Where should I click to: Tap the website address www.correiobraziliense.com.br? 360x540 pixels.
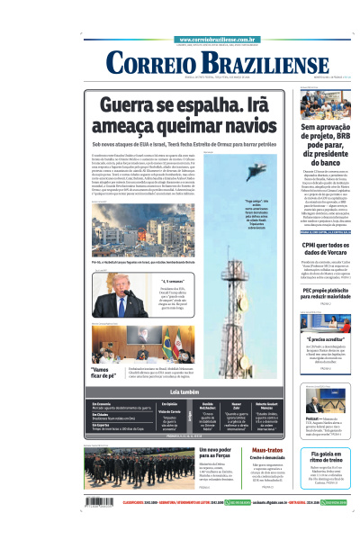tap(225, 40)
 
